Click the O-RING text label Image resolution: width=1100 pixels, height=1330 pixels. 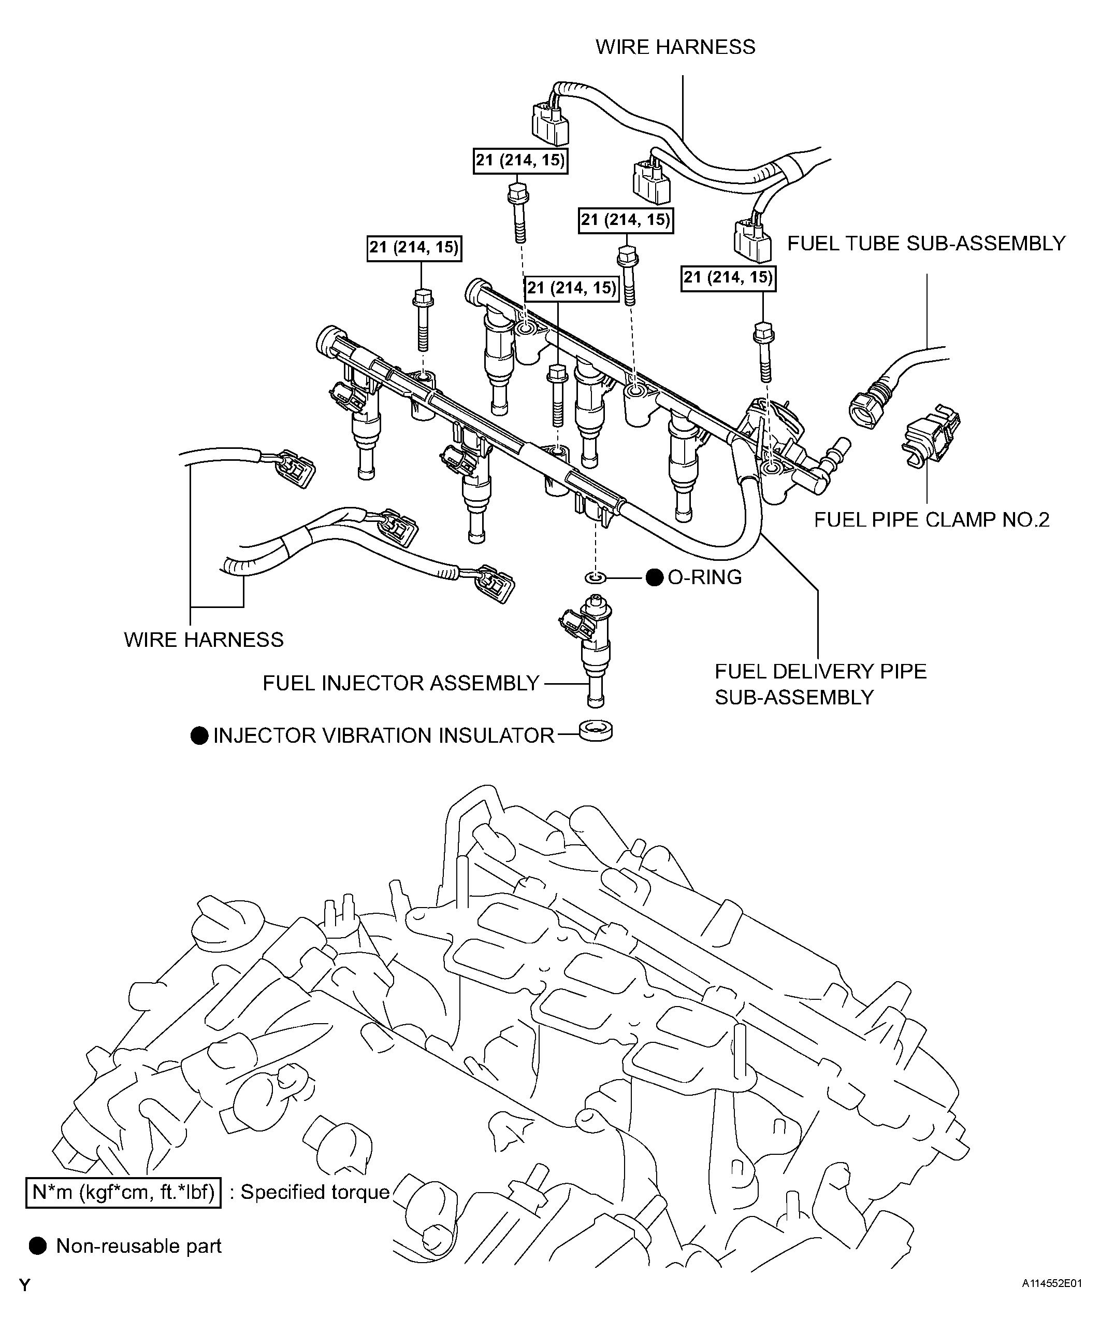704,577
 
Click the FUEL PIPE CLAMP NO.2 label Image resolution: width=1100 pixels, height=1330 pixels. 931,519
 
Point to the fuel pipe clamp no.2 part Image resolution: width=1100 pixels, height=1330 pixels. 930,437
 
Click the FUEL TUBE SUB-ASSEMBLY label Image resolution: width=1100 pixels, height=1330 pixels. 926,243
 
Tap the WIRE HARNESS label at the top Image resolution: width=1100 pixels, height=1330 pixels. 675,47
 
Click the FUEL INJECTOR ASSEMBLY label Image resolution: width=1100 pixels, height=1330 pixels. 401,683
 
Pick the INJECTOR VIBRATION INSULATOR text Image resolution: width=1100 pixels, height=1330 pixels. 384,735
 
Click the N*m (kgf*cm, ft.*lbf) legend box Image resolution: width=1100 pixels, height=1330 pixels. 123,1192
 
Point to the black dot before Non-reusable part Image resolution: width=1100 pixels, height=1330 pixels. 38,1246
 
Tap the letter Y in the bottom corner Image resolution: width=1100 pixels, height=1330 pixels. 25,1285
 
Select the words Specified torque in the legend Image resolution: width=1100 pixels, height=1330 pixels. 314,1192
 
